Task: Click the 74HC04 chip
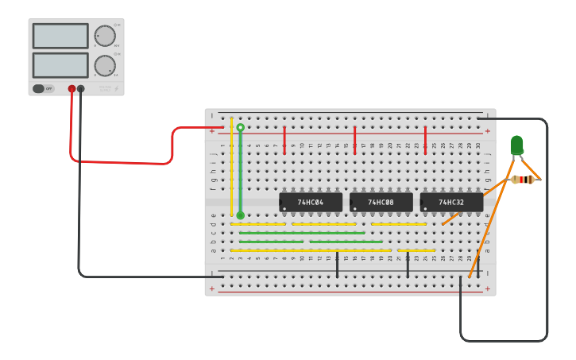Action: [x=311, y=203]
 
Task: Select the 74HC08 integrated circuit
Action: [x=381, y=203]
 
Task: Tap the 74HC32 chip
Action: [x=451, y=203]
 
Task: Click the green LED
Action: [x=516, y=145]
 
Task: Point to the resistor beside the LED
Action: [x=523, y=180]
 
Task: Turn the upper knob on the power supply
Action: [x=104, y=36]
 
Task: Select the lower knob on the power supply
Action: [x=104, y=65]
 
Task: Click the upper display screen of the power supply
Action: [x=60, y=36]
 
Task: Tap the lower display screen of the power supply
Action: [x=60, y=65]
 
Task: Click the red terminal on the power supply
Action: [x=72, y=89]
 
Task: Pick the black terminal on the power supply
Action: [x=81, y=89]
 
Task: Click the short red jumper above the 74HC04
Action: [x=284, y=140]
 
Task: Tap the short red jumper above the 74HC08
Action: [x=355, y=140]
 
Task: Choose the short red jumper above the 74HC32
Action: [x=425, y=140]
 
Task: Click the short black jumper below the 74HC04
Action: [x=337, y=265]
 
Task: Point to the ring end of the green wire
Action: [x=241, y=127]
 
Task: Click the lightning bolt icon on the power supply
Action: [x=116, y=89]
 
